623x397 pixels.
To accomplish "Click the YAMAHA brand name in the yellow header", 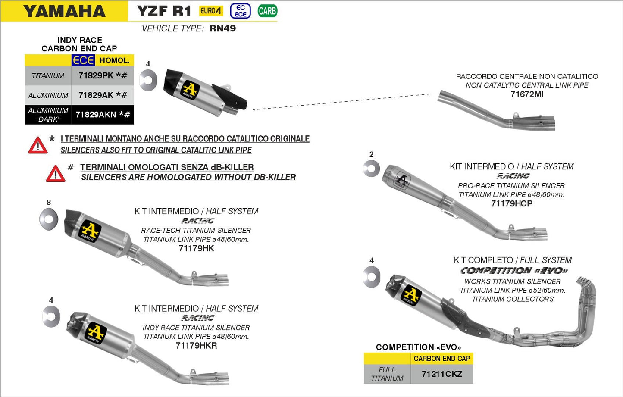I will click(64, 11).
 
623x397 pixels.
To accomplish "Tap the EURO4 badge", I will click(211, 11).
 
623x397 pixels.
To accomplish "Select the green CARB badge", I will click(267, 11).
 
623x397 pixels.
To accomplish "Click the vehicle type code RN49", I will click(222, 28).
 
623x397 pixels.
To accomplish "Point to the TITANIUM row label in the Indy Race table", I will click(48, 76).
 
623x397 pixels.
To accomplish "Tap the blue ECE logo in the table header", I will click(83, 60).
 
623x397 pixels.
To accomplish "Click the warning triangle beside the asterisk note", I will click(38, 146).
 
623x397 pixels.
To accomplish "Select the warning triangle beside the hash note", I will click(56, 174).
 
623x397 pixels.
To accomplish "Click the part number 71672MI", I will click(527, 94).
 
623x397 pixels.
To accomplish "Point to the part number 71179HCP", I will click(511, 203).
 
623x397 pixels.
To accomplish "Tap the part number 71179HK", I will click(196, 248).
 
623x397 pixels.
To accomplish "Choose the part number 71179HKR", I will click(196, 346).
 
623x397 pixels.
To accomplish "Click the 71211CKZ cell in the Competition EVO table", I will click(441, 374).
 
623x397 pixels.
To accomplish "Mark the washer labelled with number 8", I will click(48, 219).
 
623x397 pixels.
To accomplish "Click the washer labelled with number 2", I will click(371, 169).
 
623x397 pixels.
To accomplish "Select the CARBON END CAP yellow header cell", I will click(441, 359).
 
